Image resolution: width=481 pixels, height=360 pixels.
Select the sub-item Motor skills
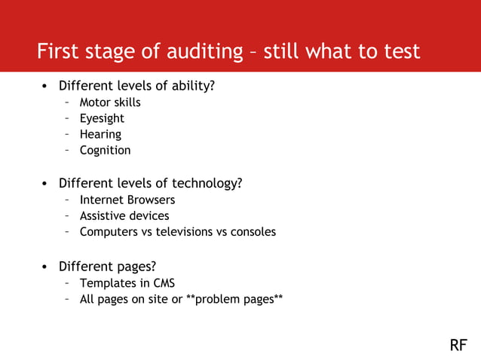110,102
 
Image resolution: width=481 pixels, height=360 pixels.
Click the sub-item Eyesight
102,118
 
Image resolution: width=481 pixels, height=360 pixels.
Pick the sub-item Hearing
100,134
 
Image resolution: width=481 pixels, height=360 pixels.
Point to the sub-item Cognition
105,150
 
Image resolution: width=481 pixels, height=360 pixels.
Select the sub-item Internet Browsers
127,200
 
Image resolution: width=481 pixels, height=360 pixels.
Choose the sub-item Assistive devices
124,215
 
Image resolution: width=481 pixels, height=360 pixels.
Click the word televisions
185,231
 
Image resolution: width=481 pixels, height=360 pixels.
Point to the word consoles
253,231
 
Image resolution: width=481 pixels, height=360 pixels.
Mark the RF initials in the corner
458,345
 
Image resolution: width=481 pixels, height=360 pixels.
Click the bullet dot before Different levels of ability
45,87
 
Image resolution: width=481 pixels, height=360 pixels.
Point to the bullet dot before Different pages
45,267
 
